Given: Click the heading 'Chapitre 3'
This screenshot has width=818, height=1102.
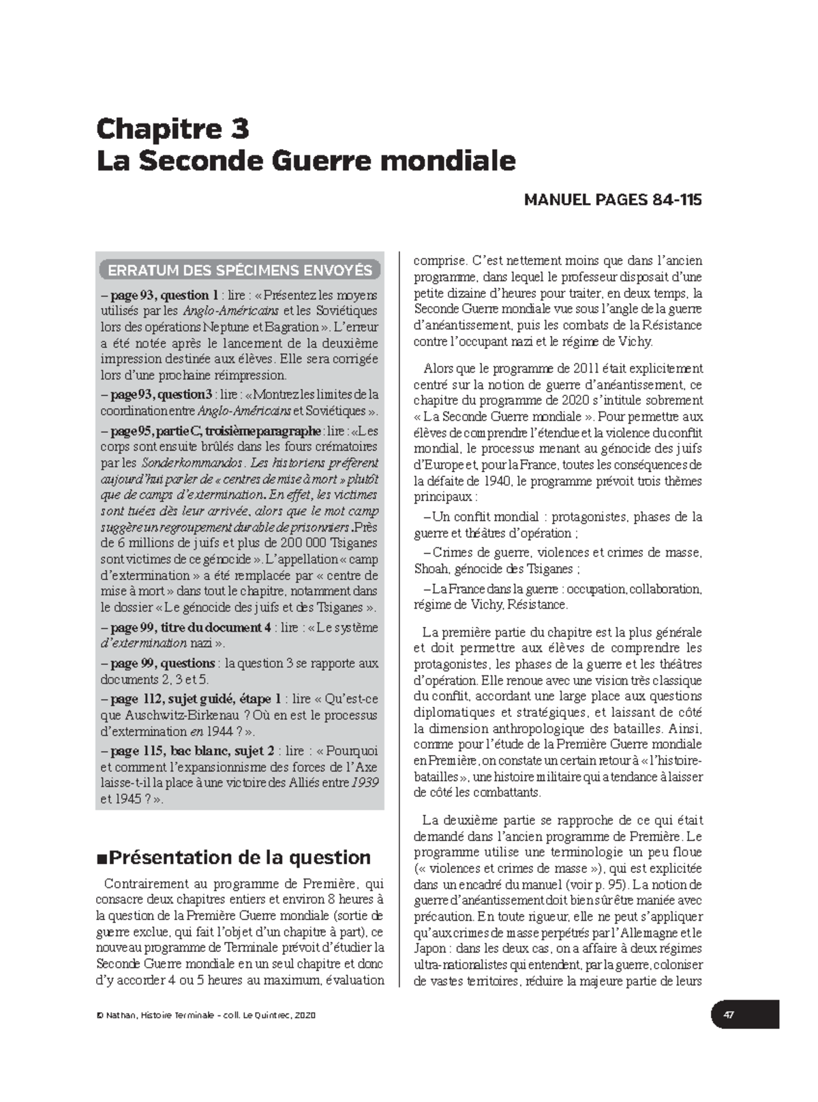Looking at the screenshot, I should click(172, 129).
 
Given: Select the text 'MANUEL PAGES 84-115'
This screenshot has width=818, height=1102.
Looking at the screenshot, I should click(612, 200).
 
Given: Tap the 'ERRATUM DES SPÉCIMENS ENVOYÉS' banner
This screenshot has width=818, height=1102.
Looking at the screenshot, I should click(240, 270).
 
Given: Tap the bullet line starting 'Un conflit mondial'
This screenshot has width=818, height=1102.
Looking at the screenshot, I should click(558, 517).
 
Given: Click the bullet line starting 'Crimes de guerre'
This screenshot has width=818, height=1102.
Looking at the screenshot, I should click(558, 553).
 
